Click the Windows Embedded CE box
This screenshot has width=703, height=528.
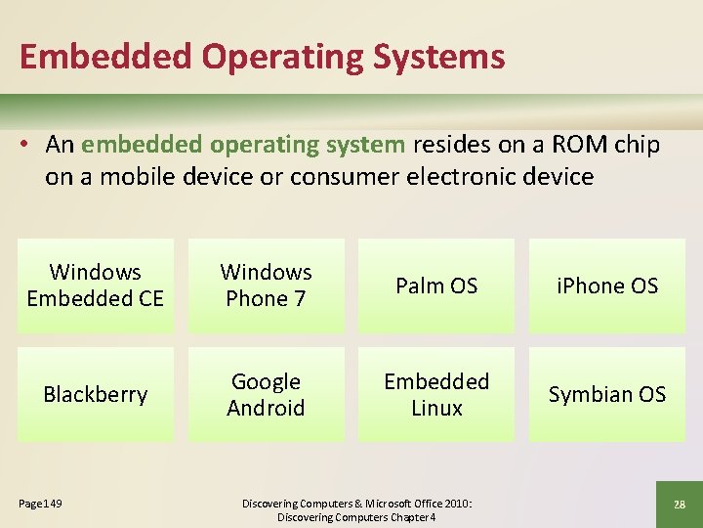[x=96, y=286]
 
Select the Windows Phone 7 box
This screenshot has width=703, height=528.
[x=266, y=286]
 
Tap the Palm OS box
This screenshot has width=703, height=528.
[x=436, y=286]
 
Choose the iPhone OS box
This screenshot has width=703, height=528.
[x=607, y=286]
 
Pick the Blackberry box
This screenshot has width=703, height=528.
[x=96, y=394]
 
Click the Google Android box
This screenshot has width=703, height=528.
[x=266, y=394]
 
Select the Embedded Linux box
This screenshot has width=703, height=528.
[x=436, y=394]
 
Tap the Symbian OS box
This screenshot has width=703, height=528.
[x=607, y=394]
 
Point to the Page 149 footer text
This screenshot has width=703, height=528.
[x=40, y=503]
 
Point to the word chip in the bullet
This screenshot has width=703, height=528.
[x=638, y=145]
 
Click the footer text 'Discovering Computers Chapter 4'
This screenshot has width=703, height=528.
[x=356, y=516]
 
